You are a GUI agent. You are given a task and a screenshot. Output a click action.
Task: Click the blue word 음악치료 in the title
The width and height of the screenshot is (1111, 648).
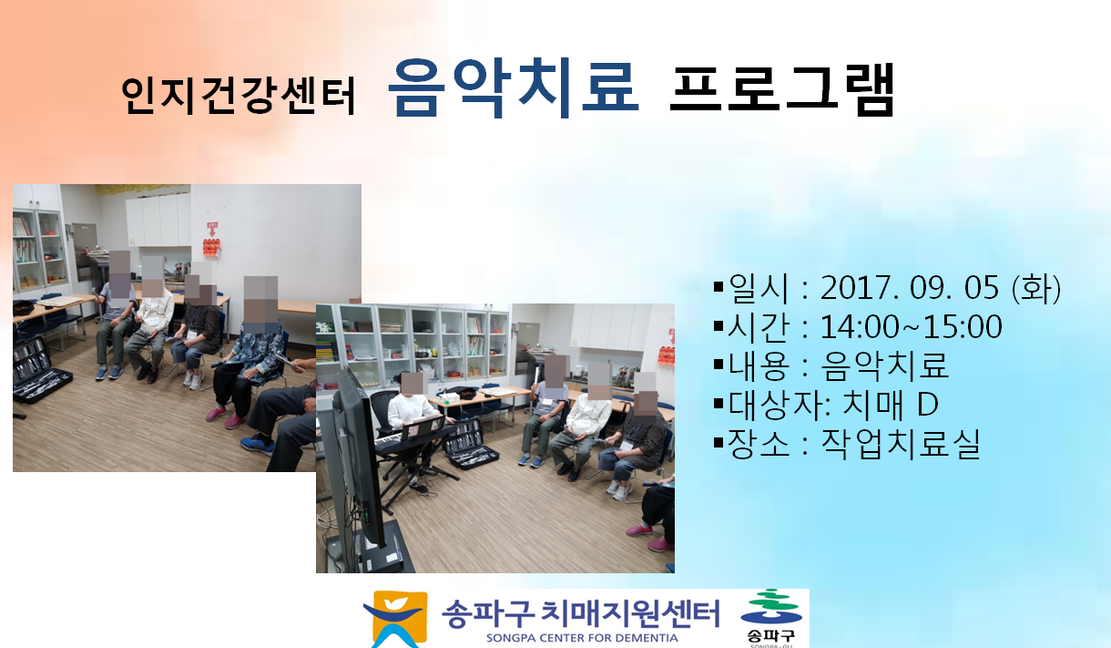pyautogui.click(x=514, y=88)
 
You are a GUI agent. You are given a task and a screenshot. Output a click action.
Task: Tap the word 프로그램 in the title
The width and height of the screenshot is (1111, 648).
pyautogui.click(x=781, y=89)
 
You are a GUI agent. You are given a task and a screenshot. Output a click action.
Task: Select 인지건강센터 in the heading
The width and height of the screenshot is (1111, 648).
pyautogui.click(x=239, y=96)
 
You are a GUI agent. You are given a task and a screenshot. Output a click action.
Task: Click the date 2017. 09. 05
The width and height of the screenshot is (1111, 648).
pyautogui.click(x=909, y=288)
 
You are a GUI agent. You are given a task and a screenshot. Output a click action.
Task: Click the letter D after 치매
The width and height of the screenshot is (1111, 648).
pyautogui.click(x=927, y=404)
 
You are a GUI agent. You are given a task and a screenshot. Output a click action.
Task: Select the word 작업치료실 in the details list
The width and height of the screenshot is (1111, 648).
pyautogui.click(x=901, y=444)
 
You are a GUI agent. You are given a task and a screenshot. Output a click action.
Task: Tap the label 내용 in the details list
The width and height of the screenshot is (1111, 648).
pyautogui.click(x=759, y=365)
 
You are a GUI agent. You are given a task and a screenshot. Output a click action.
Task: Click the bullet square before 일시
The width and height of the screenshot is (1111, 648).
pyautogui.click(x=719, y=287)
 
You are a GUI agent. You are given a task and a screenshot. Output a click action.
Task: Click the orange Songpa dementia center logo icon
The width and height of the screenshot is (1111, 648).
pyautogui.click(x=396, y=619)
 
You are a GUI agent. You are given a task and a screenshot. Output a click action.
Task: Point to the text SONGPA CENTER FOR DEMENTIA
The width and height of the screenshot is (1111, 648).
pyautogui.click(x=582, y=638)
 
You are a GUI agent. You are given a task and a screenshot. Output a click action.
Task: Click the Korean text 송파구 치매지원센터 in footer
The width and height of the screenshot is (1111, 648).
pyautogui.click(x=580, y=613)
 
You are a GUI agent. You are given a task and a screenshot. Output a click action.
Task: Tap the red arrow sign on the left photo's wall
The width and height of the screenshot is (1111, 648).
pyautogui.click(x=212, y=229)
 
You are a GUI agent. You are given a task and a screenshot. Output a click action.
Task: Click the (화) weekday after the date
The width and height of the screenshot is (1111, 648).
pyautogui.click(x=1036, y=288)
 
